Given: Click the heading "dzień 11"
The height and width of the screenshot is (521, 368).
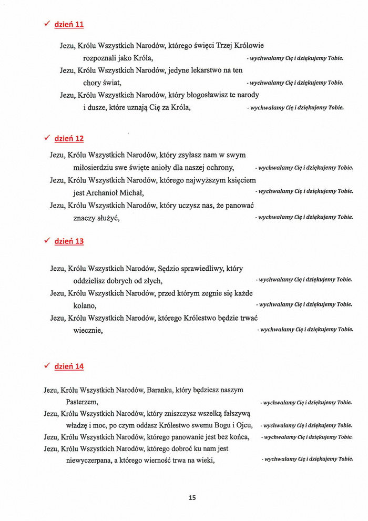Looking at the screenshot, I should point(69,24).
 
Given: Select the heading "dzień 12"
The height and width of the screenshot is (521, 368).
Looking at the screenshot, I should point(69,138).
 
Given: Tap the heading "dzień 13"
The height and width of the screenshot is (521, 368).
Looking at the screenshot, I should point(69,241).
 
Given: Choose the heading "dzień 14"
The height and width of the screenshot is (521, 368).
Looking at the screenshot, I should point(69,366).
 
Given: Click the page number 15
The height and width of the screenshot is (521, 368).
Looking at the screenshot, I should point(192,497).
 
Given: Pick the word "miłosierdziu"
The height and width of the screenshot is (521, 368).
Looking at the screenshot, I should point(95,168).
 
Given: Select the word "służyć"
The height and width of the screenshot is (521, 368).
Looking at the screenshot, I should point(108,217).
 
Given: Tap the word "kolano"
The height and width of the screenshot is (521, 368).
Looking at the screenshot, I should point(85,305).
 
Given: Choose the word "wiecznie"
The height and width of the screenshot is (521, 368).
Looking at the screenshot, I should point(88,330).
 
